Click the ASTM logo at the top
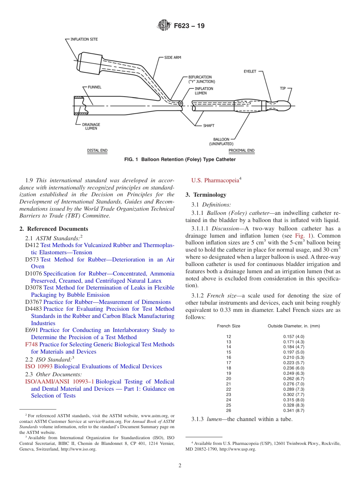[x=164, y=26]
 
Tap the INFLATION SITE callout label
[x=84, y=39]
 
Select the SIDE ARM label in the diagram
[x=172, y=58]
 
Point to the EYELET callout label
[x=250, y=71]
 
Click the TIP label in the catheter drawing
[x=283, y=88]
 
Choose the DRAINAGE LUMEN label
[x=91, y=126]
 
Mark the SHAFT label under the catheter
[x=208, y=125]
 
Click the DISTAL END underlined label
[x=97, y=150]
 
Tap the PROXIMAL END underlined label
[x=241, y=150]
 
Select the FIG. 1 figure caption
[x=180, y=160]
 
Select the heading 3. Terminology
[x=205, y=195]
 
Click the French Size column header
[x=229, y=326]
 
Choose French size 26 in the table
[x=229, y=410]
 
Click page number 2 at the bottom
[x=180, y=466]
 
